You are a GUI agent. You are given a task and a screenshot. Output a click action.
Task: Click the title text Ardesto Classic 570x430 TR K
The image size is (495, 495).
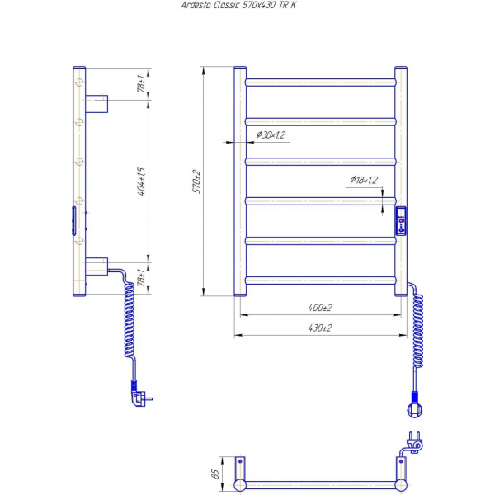click(x=238, y=5)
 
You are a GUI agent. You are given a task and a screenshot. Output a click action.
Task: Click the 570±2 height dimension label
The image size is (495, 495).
click(x=196, y=181)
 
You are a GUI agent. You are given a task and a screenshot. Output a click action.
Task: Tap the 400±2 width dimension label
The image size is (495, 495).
click(x=320, y=308)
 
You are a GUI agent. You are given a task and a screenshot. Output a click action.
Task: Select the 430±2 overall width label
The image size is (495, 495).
click(x=320, y=328)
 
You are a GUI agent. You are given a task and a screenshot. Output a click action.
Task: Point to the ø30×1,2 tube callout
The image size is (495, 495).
click(x=271, y=134)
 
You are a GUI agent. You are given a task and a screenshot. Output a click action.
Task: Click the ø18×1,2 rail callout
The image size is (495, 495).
click(x=364, y=180)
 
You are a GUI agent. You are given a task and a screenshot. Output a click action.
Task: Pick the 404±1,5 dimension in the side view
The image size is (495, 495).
click(x=142, y=181)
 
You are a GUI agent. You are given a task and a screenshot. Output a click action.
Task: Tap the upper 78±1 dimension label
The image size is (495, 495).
click(x=141, y=84)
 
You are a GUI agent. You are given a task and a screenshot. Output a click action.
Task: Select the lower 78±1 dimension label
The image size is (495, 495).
click(x=141, y=277)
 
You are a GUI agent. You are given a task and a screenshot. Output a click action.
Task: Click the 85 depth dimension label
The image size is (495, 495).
click(x=215, y=474)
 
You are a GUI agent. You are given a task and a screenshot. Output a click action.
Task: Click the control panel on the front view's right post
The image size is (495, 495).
click(x=401, y=221)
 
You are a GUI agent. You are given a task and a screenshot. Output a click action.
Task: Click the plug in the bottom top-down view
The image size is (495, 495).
click(x=414, y=443)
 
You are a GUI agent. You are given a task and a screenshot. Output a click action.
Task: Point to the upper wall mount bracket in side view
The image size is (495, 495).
click(x=97, y=104)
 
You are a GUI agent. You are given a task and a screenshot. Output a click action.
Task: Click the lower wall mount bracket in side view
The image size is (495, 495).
click(x=97, y=266)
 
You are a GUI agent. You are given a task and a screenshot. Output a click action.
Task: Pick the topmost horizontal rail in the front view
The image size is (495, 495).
click(x=320, y=82)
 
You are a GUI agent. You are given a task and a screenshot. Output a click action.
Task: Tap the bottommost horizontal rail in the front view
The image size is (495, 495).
click(x=320, y=280)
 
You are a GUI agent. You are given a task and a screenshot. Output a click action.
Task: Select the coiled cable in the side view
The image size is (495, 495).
click(x=130, y=316)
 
